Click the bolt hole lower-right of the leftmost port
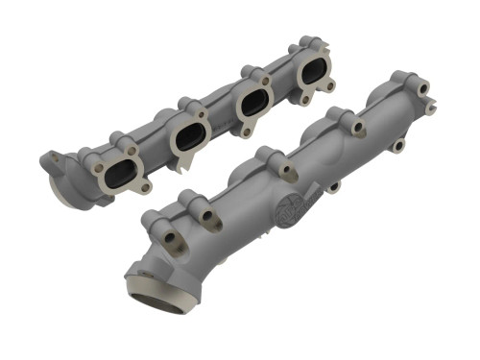pyautogui.click(x=144, y=186)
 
